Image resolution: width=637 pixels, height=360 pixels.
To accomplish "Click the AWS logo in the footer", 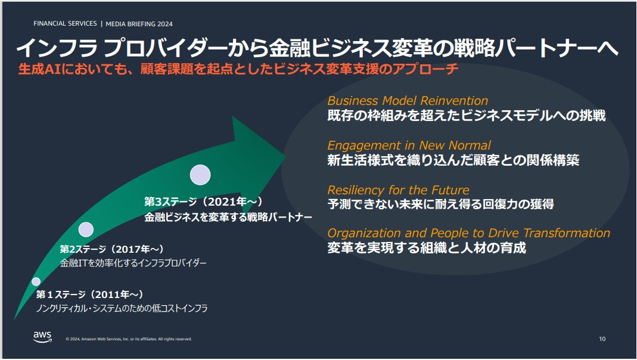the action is [43, 337].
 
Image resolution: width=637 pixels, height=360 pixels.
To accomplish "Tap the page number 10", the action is [602, 339].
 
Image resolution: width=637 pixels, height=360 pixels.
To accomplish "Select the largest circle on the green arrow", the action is [200, 175].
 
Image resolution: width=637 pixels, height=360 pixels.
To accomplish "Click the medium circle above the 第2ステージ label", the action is [86, 229].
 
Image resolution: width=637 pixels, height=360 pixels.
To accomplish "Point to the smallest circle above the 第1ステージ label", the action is [36, 281].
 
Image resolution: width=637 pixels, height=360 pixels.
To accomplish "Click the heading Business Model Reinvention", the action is [408, 101].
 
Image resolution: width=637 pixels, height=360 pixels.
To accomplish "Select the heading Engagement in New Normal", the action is [409, 145].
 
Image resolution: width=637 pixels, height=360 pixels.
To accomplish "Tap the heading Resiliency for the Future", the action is [398, 190].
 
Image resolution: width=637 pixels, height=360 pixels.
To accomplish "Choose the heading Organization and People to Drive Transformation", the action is [469, 233].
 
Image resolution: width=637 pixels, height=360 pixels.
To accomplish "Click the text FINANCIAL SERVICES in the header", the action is [65, 24].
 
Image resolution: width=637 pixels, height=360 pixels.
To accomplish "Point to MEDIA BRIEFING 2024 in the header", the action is [139, 24].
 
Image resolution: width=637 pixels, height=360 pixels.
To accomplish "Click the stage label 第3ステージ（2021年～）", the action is [204, 201].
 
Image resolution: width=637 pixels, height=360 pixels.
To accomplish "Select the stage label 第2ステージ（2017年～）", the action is [111, 249].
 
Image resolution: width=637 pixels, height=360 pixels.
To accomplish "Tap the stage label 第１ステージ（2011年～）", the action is [90, 294].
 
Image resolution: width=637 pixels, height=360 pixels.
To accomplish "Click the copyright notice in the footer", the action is [129, 339].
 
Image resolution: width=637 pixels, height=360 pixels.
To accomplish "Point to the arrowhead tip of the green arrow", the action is [285, 155].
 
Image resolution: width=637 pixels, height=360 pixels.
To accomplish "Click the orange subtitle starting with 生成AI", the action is [238, 69].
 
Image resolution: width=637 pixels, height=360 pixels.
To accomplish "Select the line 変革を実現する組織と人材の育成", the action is [427, 248].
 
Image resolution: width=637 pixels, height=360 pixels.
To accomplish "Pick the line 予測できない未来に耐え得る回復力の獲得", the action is [440, 204].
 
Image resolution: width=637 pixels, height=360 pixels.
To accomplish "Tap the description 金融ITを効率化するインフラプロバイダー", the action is [133, 263].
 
